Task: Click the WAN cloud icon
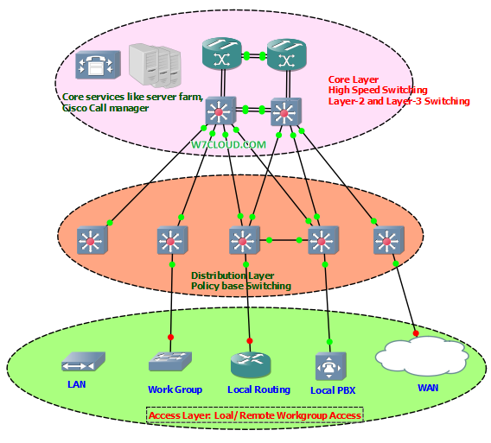pyautogui.click(x=422, y=356)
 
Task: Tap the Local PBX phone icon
pyautogui.click(x=331, y=366)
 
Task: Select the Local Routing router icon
pyautogui.click(x=251, y=364)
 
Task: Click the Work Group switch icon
pyautogui.click(x=170, y=362)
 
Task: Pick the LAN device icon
pyautogui.click(x=83, y=362)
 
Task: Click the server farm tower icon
pyautogui.click(x=155, y=66)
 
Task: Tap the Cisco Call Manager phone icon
pyautogui.click(x=98, y=65)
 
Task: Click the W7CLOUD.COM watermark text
pyautogui.click(x=228, y=145)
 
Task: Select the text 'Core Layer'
pyautogui.click(x=354, y=79)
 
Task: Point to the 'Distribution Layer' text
pyautogui.click(x=233, y=275)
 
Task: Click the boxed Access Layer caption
pyautogui.click(x=255, y=415)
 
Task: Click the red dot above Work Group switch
pyautogui.click(x=170, y=337)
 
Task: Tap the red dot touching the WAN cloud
pyautogui.click(x=416, y=333)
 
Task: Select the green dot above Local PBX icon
pyautogui.click(x=329, y=342)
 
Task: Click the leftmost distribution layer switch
pyautogui.click(x=92, y=240)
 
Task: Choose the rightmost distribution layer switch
pyautogui.click(x=389, y=240)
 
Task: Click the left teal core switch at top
pyautogui.click(x=222, y=54)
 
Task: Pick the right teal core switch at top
pyautogui.click(x=286, y=54)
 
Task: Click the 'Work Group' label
pyautogui.click(x=175, y=389)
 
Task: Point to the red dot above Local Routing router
pyautogui.click(x=250, y=341)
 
